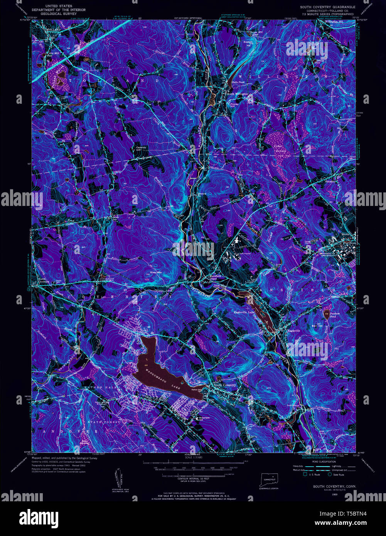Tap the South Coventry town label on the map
coord(224,385)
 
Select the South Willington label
coord(237,94)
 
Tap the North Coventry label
coord(44,280)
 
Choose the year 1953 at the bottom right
coord(329,494)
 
